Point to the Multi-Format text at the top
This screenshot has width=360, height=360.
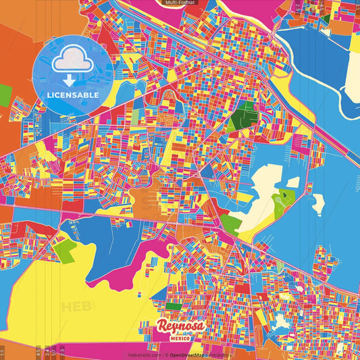pos(179,3)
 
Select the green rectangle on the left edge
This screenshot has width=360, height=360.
pos(5,94)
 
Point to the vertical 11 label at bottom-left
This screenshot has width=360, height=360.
pos(3,352)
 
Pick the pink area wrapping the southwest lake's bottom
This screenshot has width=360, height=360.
pos(135,277)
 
